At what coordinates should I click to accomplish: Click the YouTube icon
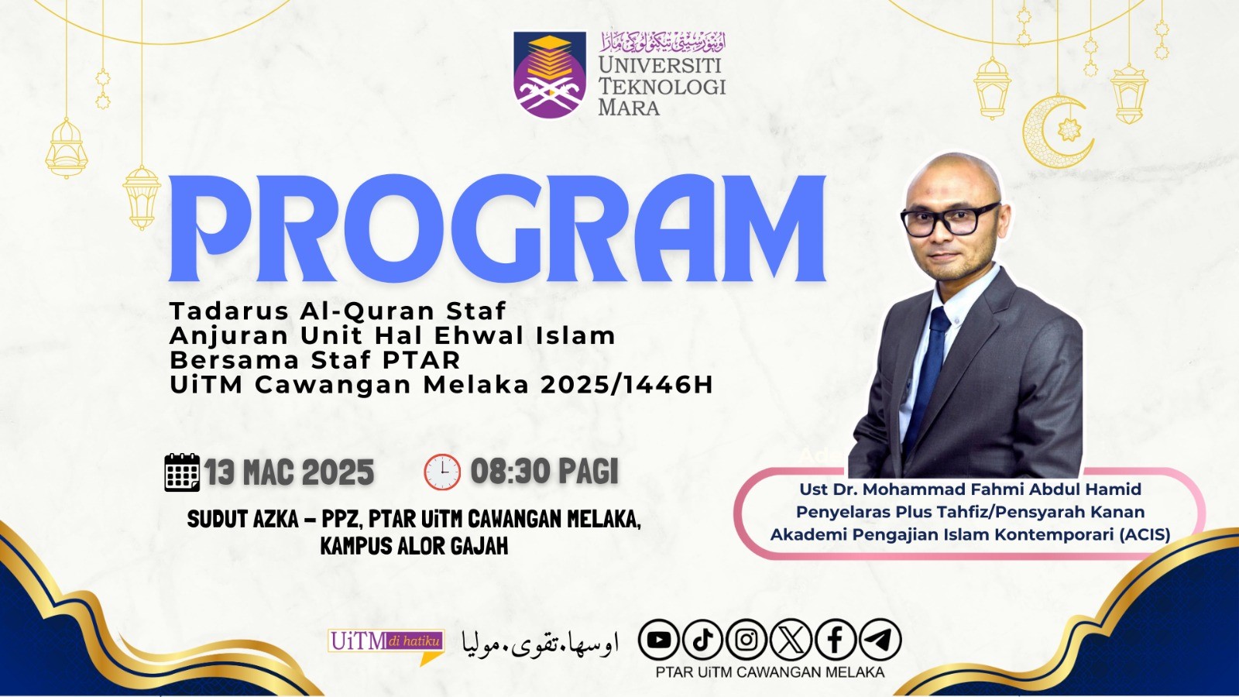[x=659, y=640]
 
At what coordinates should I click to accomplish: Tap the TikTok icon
[x=702, y=640]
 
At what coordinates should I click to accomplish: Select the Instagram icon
[x=746, y=640]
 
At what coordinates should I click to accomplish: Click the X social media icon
[x=791, y=640]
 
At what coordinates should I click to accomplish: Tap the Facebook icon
[x=836, y=640]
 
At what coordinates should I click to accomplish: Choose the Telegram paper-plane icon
[x=880, y=640]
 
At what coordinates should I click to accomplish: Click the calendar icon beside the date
[x=182, y=472]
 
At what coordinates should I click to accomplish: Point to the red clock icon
[x=442, y=472]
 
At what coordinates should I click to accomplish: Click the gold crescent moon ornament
[x=1054, y=132]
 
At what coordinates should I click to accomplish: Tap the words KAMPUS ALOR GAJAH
[x=414, y=547]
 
